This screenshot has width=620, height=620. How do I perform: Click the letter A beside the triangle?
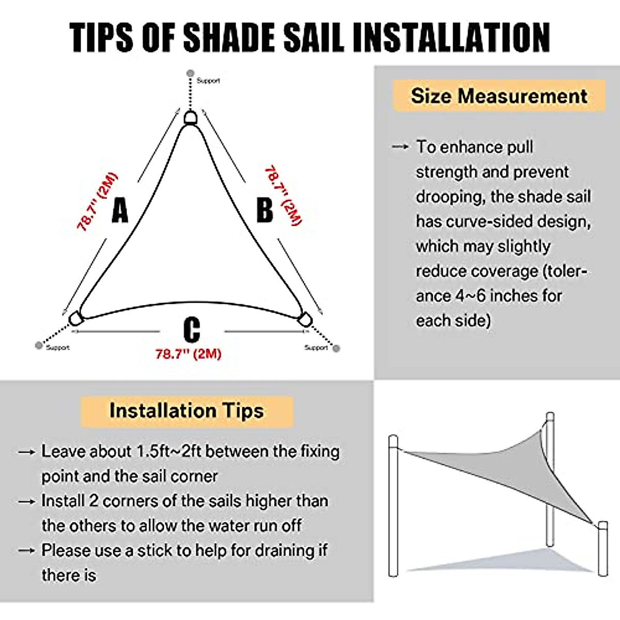click(x=120, y=210)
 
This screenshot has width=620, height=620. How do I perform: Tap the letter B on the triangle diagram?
click(x=265, y=210)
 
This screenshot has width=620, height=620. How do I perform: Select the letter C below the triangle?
click(x=192, y=329)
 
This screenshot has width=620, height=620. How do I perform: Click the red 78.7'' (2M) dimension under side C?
click(x=188, y=354)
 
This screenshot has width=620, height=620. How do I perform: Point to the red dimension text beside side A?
click(x=97, y=202)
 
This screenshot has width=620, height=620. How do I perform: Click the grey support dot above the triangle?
click(x=190, y=74)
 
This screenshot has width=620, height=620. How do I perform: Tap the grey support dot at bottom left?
click(x=39, y=345)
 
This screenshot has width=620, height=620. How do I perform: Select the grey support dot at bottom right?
click(x=336, y=349)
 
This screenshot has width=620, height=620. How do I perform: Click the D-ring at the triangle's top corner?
click(x=191, y=118)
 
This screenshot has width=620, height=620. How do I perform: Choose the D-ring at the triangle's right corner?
click(x=305, y=320)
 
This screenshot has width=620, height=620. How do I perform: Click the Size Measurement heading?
click(x=499, y=96)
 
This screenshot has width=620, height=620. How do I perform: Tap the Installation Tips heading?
click(x=187, y=411)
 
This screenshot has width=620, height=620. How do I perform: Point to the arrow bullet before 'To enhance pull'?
click(x=400, y=147)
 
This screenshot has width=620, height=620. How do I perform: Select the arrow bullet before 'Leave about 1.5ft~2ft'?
click(x=26, y=452)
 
